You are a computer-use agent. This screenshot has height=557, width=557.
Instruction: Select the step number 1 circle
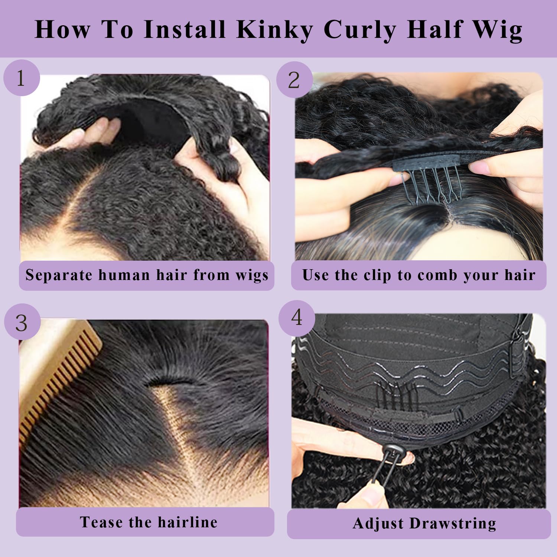pos(21,78)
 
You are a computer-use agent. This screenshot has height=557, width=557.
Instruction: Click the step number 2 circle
pos(294,80)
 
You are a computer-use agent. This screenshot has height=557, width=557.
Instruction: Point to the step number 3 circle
pos(22,322)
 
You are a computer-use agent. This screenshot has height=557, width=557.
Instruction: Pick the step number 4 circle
pos(297,318)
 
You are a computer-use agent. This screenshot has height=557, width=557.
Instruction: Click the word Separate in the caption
pos(59,276)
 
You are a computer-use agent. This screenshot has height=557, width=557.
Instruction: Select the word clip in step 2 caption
pos(377,276)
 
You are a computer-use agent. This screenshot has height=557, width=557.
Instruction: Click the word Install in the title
pos(185,30)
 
